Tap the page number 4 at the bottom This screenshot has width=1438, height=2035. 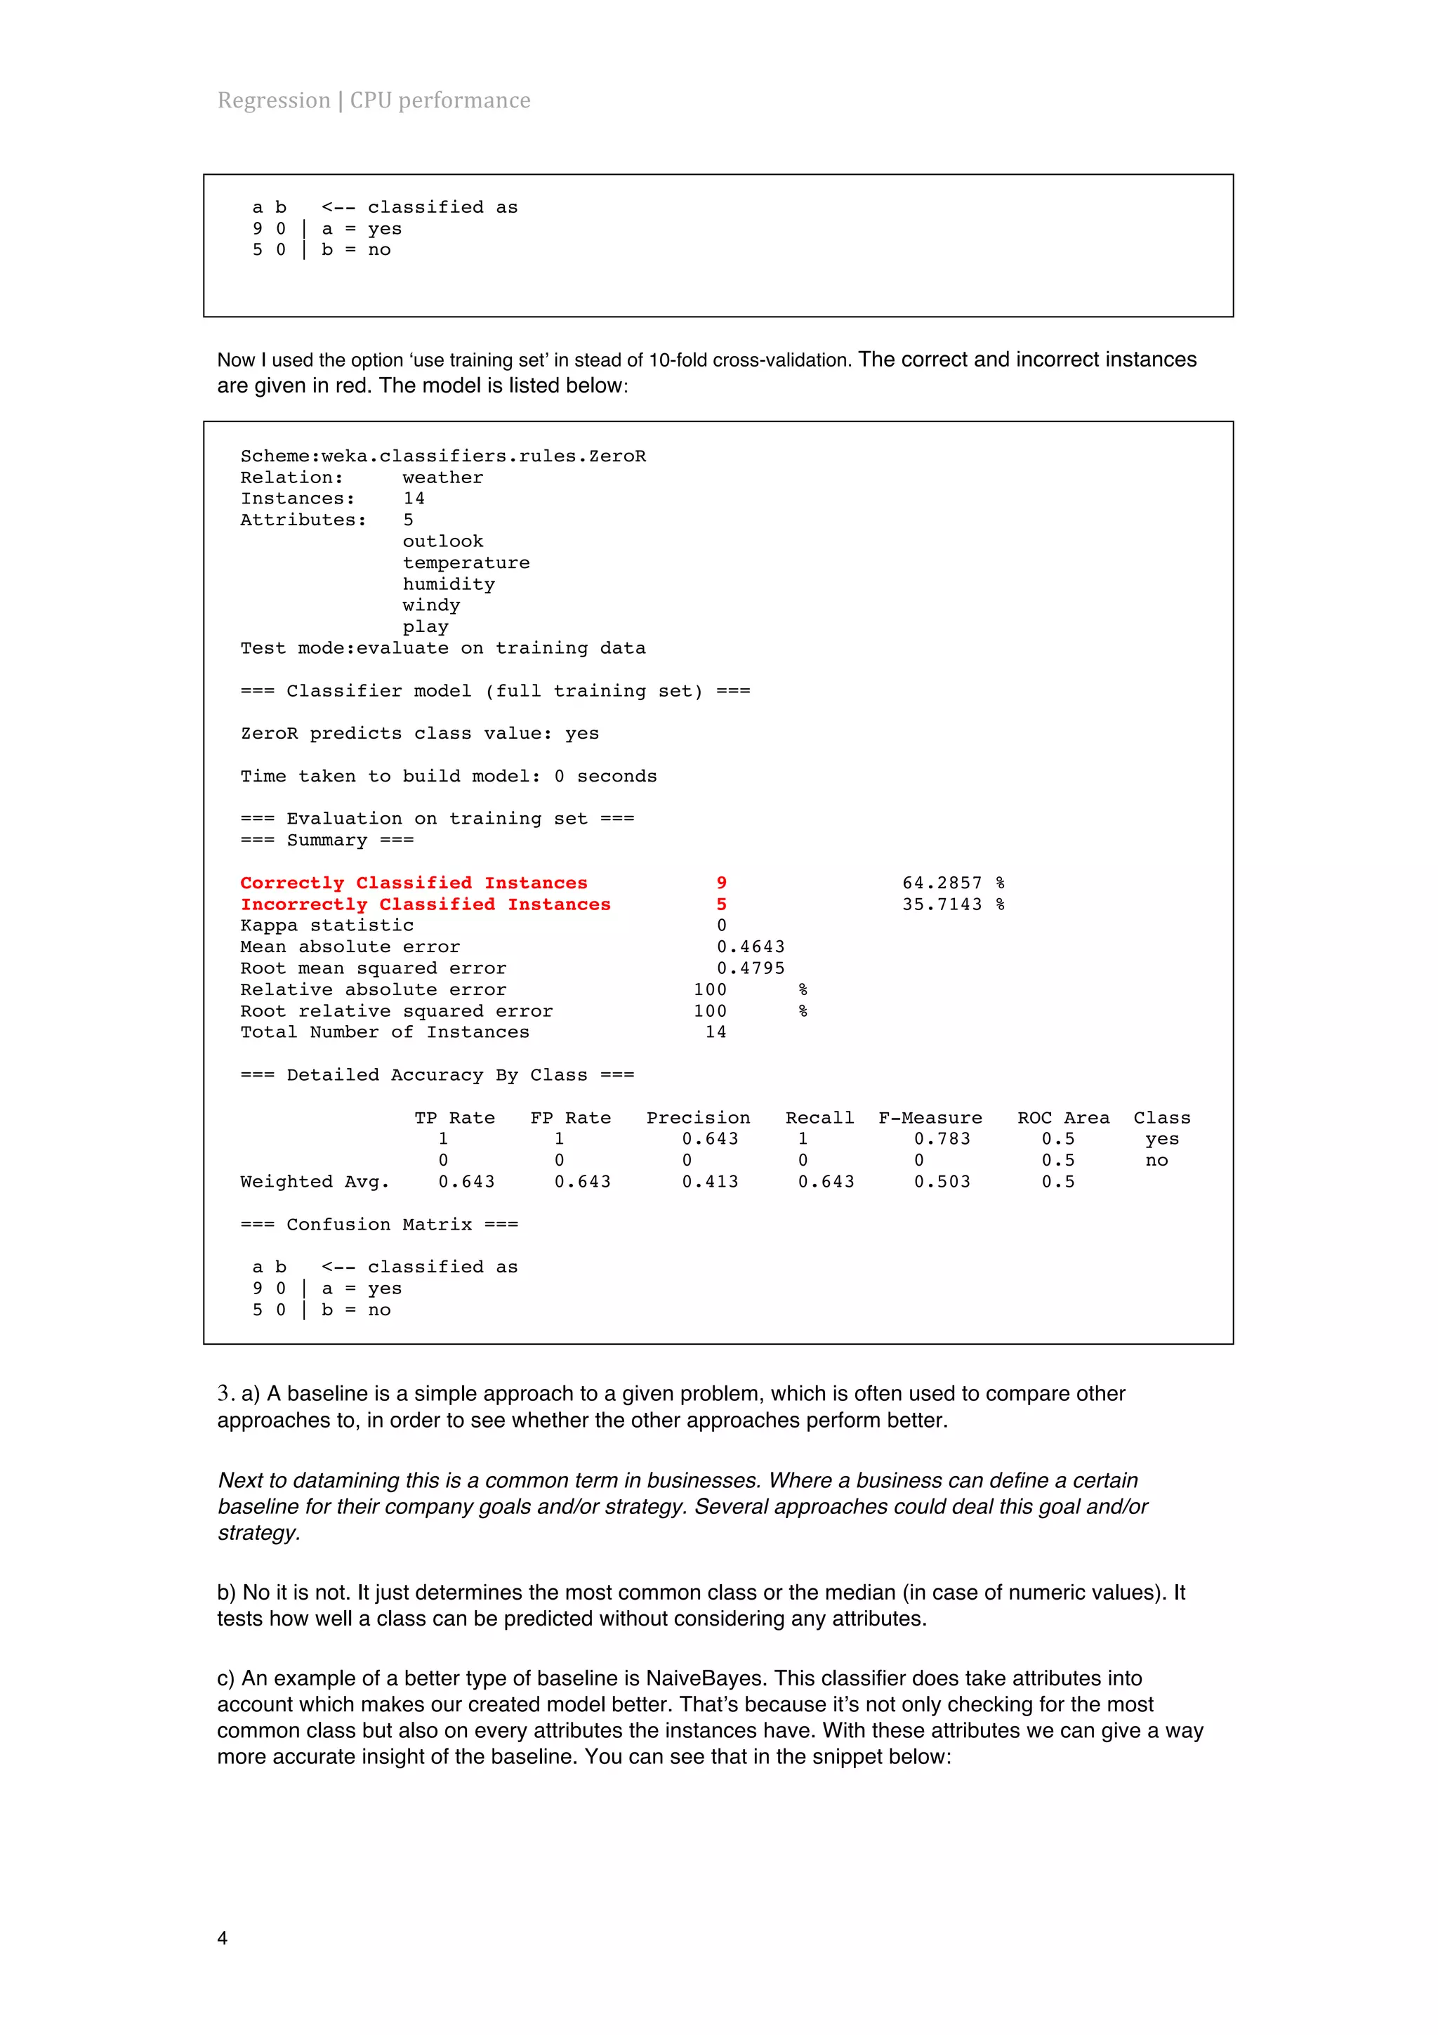(x=223, y=1937)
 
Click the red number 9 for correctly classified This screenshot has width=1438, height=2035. (x=721, y=883)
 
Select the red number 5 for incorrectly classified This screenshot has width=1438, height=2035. (x=721, y=904)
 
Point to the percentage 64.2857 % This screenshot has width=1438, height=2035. (x=953, y=883)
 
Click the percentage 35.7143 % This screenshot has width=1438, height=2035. (x=953, y=904)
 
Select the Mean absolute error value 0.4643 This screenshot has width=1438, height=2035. (x=751, y=947)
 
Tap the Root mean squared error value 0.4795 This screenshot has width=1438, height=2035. (x=751, y=968)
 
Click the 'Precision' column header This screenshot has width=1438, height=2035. (x=698, y=1118)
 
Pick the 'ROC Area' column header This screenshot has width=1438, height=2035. (x=1063, y=1118)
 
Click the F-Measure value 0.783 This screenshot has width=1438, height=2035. (x=942, y=1139)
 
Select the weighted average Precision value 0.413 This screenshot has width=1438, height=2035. (x=710, y=1182)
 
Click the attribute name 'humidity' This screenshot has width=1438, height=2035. (x=449, y=584)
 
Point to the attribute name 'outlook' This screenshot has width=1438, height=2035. (x=443, y=541)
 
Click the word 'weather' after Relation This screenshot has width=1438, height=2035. (x=443, y=478)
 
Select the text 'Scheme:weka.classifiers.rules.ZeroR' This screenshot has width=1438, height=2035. (x=443, y=456)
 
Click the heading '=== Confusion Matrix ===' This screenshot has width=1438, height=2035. (x=379, y=1224)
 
